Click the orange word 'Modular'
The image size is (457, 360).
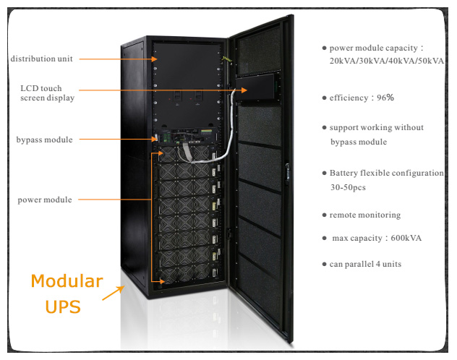pos(67,281)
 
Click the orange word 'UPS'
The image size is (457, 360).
pos(62,307)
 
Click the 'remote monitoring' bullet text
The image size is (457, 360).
pos(364,215)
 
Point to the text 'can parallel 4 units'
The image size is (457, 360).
pos(365,265)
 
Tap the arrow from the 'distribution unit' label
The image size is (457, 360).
pos(116,59)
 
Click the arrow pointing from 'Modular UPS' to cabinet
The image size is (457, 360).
pos(112,293)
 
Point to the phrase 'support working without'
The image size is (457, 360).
pos(376,128)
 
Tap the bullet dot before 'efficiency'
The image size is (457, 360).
pos(324,96)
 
